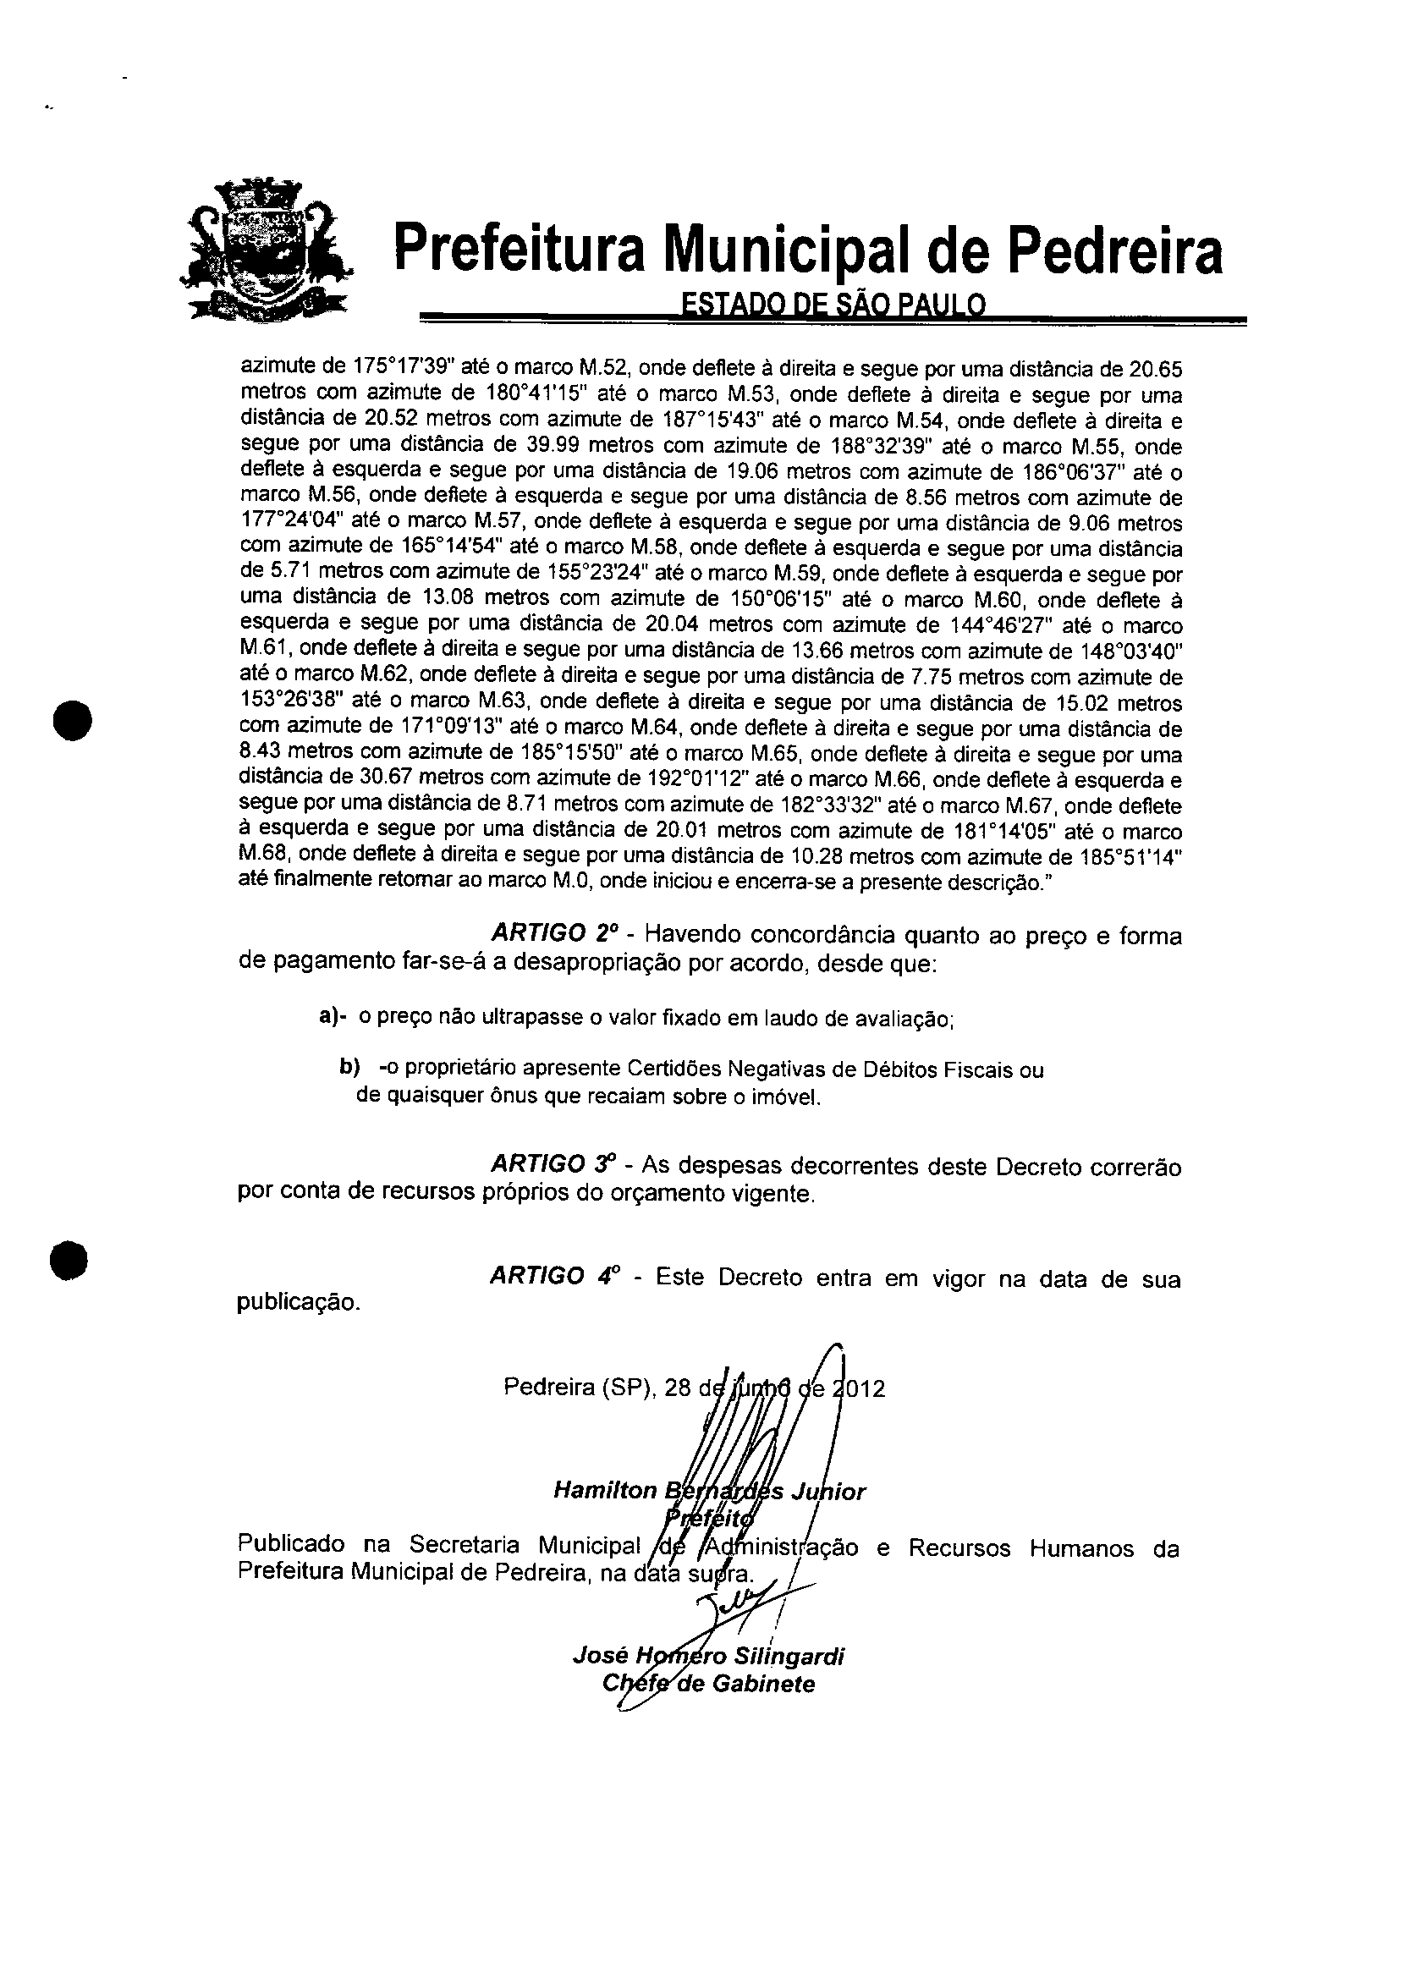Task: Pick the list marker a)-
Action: pyautogui.click(x=333, y=1017)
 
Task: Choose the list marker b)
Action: pyautogui.click(x=349, y=1069)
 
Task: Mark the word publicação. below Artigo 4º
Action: pyautogui.click(x=298, y=1302)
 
